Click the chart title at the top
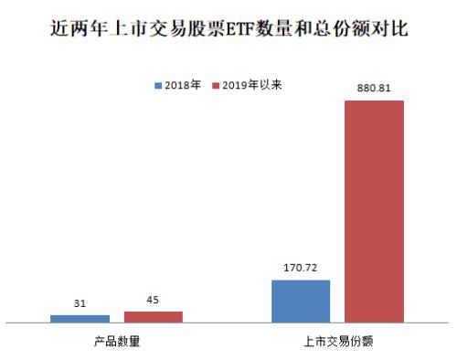click(x=228, y=30)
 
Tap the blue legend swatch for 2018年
click(x=157, y=85)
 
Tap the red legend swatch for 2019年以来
click(x=216, y=85)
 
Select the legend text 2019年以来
click(x=251, y=85)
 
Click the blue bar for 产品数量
click(x=80, y=318)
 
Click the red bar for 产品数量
click(x=154, y=316)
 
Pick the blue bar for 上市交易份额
click(x=301, y=301)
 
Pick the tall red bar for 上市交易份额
click(x=374, y=211)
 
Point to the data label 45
click(x=154, y=302)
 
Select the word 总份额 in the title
click(x=343, y=30)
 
